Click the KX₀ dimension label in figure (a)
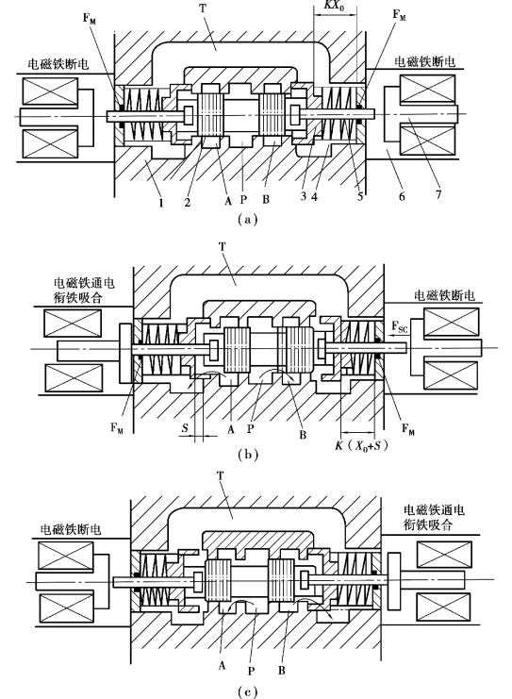point(334,6)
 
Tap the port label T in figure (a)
point(203,8)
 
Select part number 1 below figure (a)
point(161,203)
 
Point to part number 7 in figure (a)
point(438,195)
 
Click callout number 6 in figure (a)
point(402,196)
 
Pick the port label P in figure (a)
point(243,199)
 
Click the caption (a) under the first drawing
point(248,220)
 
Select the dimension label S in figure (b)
point(185,428)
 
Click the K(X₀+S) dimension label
point(361,445)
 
